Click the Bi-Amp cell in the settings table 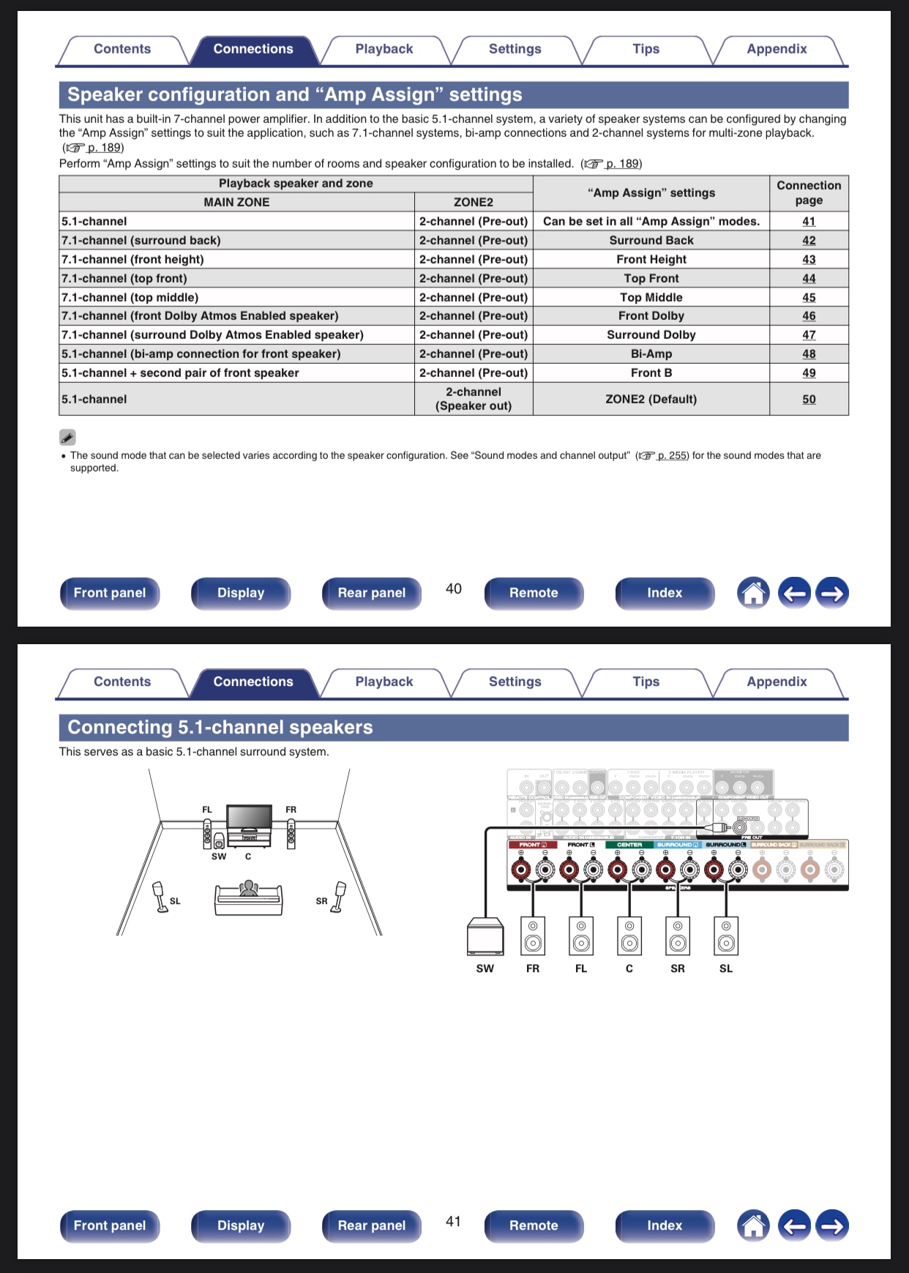tap(651, 354)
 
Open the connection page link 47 tap(809, 335)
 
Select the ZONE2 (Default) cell tap(651, 400)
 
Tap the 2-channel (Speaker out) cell tap(474, 400)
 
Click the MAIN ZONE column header tap(236, 202)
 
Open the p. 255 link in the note tap(672, 455)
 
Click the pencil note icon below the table tap(67, 437)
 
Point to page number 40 tap(454, 589)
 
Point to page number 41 tap(454, 1221)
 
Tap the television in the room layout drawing tap(249, 817)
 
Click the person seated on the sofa tap(249, 889)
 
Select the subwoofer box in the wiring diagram tap(485, 936)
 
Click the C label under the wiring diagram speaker tap(629, 968)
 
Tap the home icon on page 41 tap(753, 1225)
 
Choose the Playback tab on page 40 tap(384, 49)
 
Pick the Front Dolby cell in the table tap(651, 316)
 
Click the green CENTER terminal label tap(629, 845)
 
